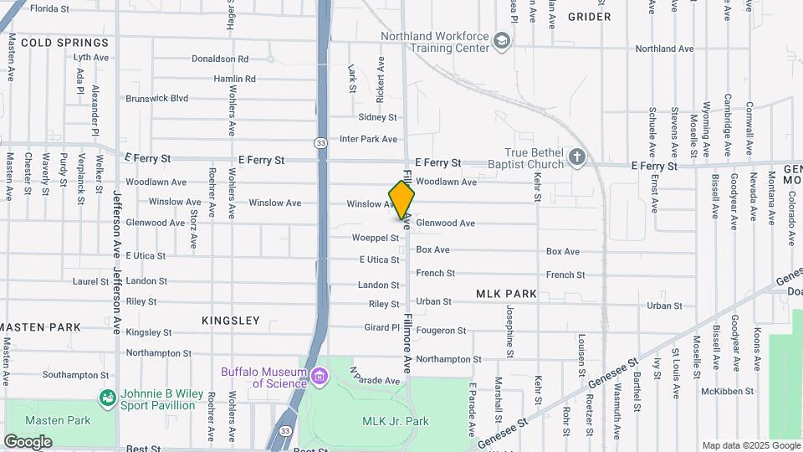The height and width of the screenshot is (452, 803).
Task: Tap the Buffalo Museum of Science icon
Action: coord(318,377)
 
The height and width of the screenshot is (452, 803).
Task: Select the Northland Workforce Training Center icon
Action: coord(501,41)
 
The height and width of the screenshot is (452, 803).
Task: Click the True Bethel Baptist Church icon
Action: coord(576,157)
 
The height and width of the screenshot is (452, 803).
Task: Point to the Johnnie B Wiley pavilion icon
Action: coord(107,398)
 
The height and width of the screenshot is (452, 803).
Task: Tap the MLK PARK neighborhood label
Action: coord(506,294)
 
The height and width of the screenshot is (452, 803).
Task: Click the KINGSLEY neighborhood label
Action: coord(231,321)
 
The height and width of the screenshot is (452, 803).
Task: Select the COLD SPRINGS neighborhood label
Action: coord(65,43)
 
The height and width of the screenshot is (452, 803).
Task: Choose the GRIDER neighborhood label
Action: coord(589,17)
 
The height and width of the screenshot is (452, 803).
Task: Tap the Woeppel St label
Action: coord(376,238)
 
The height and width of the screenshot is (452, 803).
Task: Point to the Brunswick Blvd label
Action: coord(156,98)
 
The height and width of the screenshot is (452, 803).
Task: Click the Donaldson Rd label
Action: coord(220,59)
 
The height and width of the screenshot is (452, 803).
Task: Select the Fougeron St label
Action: coord(441,331)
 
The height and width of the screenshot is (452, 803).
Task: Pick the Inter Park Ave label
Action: coord(368,139)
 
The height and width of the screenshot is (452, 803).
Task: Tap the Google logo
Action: coord(27,442)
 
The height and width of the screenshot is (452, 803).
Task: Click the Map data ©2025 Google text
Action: coord(750,445)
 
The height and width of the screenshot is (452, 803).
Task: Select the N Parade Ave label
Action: coord(363,376)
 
